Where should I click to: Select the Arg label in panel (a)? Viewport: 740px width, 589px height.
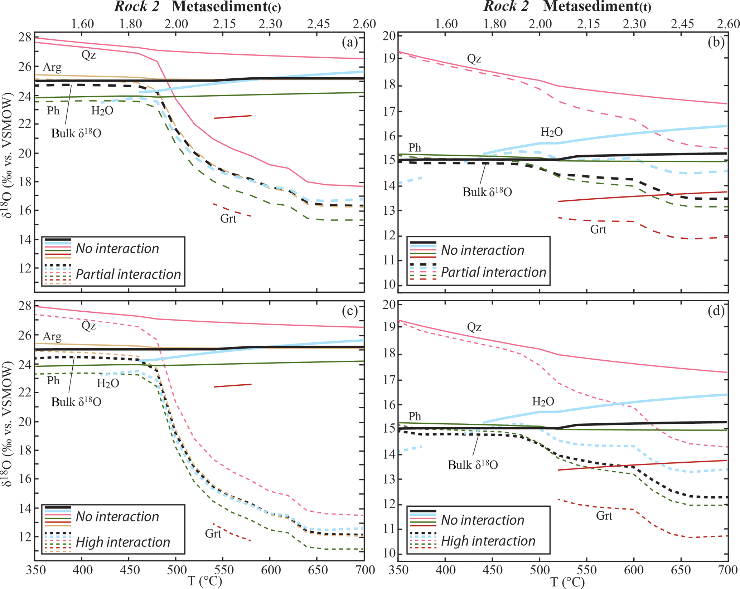(x=52, y=67)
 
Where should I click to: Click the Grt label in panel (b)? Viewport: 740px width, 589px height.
(x=598, y=229)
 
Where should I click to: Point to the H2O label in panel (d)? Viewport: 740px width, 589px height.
(x=543, y=401)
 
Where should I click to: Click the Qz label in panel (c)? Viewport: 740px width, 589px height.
(x=88, y=325)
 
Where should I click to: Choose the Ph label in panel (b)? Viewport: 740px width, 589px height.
(x=415, y=147)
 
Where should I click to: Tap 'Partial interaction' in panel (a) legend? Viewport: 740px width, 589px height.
(x=128, y=274)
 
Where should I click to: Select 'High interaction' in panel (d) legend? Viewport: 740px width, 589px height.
(x=488, y=541)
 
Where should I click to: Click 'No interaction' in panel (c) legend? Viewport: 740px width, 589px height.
(x=117, y=516)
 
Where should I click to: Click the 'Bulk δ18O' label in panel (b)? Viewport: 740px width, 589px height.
(x=487, y=192)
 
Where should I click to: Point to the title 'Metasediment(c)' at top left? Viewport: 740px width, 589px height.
(x=226, y=6)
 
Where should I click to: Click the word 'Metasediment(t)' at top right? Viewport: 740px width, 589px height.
(x=597, y=6)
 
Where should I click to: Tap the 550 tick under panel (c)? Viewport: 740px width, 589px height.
(x=223, y=570)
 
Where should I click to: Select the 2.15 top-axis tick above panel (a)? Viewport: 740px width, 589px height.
(x=224, y=24)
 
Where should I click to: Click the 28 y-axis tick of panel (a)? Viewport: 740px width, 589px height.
(x=25, y=37)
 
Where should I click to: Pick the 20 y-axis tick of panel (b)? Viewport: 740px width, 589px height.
(x=390, y=36)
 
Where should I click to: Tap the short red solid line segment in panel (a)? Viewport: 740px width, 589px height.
(x=233, y=117)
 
